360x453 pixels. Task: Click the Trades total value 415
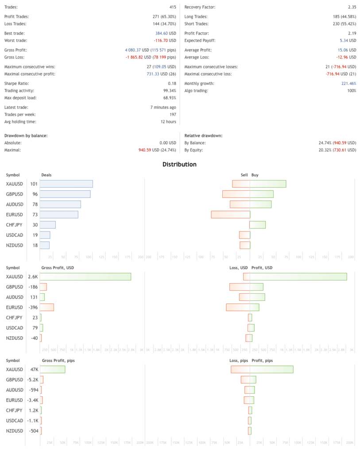(x=173, y=7)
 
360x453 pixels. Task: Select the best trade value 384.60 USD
(x=163, y=33)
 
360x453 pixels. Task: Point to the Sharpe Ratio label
(x=17, y=83)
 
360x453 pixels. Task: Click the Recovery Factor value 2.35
(x=352, y=7)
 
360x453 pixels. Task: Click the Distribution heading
(x=179, y=164)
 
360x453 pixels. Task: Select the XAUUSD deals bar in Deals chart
(x=66, y=184)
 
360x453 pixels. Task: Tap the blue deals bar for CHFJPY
(x=47, y=225)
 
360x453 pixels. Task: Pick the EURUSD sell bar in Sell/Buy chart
(x=230, y=215)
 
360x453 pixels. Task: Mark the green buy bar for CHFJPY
(x=258, y=225)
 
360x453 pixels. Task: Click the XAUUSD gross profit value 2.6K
(x=33, y=276)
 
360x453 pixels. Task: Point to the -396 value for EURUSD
(x=32, y=307)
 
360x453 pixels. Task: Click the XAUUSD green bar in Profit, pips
(x=271, y=369)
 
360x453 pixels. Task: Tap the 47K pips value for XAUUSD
(x=34, y=369)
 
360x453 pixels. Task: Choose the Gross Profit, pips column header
(x=58, y=360)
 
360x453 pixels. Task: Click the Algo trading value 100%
(x=351, y=91)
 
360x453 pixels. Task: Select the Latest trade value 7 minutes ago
(x=163, y=107)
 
